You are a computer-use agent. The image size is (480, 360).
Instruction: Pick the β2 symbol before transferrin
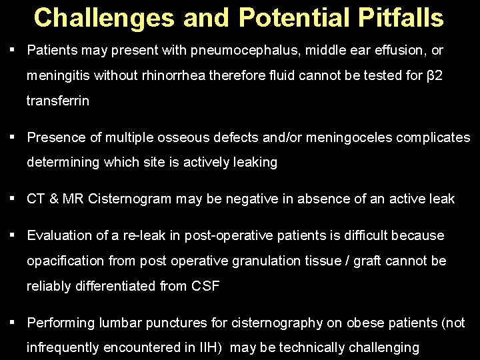[x=435, y=76]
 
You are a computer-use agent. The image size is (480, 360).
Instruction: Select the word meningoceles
[x=337, y=138]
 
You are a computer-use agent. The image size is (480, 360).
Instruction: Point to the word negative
[x=257, y=199]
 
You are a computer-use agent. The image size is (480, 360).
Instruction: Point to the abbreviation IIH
[x=207, y=348]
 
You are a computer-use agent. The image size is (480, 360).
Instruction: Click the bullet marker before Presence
[x=13, y=137]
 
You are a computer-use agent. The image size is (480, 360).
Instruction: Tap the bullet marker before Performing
[x=13, y=321]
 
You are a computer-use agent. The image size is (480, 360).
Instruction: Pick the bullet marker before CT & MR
[x=13, y=197]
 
